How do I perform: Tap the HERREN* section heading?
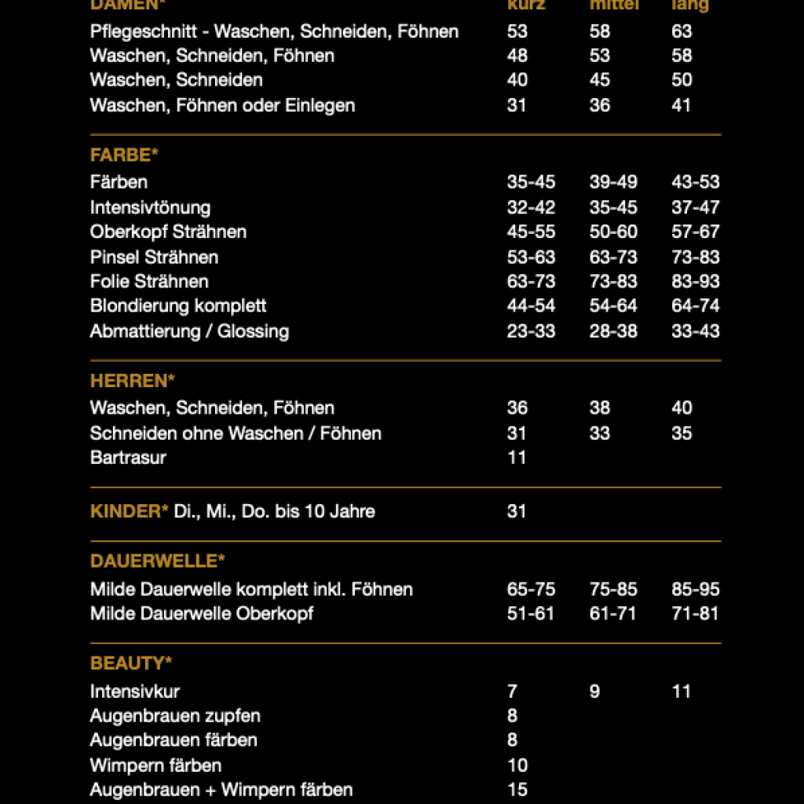132,381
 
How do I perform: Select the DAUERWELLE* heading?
158,561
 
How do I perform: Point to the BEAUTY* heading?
131,663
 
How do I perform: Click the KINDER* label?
130,511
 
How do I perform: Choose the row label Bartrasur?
128,457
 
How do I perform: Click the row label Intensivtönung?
150,207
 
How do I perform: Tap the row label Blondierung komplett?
178,305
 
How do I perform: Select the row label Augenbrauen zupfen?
175,715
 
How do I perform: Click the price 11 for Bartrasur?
517,457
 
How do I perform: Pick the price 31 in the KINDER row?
517,511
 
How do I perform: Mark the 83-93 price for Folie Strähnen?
696,281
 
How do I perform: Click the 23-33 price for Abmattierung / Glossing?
531,331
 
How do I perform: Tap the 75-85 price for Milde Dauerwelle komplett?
613,589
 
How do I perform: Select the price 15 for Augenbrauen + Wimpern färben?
517,789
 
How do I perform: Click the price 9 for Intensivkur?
594,691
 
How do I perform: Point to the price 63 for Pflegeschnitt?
682,31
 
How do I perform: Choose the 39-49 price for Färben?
613,182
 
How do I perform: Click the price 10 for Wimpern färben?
517,765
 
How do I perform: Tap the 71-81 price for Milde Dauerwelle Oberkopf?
695,613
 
